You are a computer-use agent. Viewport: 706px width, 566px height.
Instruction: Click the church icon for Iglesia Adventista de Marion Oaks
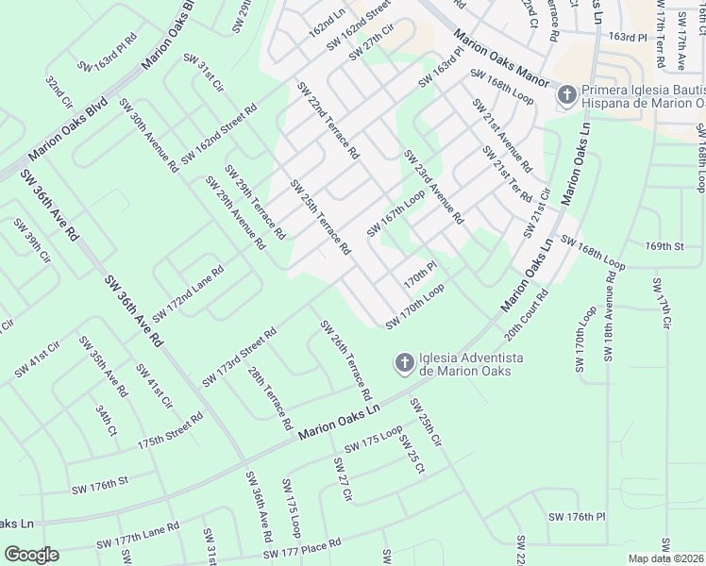[403, 362]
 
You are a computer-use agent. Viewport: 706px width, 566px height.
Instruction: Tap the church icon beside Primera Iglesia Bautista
[566, 95]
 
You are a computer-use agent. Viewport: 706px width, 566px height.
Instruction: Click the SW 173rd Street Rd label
[239, 358]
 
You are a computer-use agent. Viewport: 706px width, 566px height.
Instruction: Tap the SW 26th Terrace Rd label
[344, 358]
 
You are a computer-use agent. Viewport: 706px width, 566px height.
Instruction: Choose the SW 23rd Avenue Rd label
[433, 187]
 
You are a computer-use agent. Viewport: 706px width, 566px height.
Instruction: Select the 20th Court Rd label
[527, 316]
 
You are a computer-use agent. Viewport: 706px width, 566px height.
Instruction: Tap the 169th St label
[664, 246]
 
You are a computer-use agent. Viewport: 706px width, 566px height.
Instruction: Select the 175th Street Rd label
[170, 429]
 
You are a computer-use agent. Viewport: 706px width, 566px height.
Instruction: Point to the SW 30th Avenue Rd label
[149, 136]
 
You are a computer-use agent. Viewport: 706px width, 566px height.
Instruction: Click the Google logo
[31, 554]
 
